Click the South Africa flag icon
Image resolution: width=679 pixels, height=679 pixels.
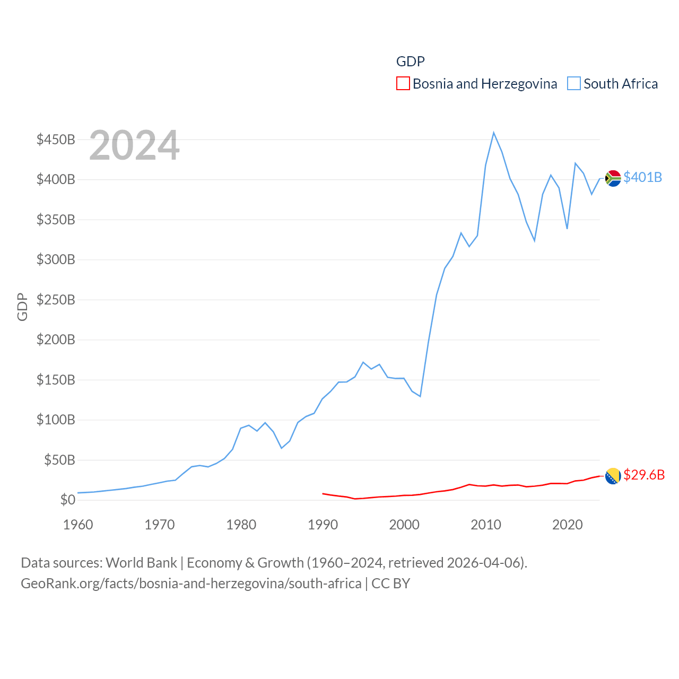click(613, 178)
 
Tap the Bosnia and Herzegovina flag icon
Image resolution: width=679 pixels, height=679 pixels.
click(613, 476)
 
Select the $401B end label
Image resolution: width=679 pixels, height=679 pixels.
click(642, 177)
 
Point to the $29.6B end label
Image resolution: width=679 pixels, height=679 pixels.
click(644, 475)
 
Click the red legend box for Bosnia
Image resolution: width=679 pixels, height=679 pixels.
click(403, 84)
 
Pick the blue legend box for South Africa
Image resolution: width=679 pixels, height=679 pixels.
click(574, 84)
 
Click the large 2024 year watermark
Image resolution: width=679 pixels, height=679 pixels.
click(134, 145)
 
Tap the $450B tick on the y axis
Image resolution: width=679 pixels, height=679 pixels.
click(56, 140)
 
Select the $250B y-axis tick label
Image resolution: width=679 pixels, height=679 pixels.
click(56, 300)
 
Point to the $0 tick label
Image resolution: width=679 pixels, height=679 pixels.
click(67, 500)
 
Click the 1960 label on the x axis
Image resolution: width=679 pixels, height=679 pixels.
click(78, 525)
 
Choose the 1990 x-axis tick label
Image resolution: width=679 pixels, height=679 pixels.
click(323, 525)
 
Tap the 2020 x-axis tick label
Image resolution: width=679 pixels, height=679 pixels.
click(567, 525)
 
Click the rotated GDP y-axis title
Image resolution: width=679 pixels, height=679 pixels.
click(22, 307)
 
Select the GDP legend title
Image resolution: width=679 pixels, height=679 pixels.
click(411, 62)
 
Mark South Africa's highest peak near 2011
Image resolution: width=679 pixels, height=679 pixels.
click(493, 133)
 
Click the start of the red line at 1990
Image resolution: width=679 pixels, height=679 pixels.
click(323, 493)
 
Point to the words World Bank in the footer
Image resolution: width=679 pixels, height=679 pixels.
click(141, 562)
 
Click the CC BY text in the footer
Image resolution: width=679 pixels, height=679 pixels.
click(390, 584)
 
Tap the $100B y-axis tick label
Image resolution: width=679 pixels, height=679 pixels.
click(56, 420)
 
